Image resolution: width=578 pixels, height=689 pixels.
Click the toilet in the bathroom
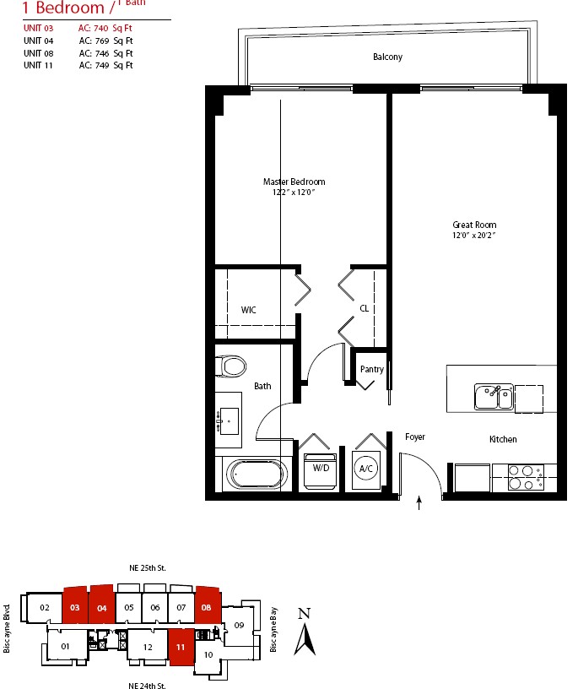click(x=230, y=366)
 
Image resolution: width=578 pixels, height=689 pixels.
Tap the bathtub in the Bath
click(x=257, y=475)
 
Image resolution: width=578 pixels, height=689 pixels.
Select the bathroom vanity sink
click(x=229, y=421)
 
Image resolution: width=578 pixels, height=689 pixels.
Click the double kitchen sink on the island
click(x=494, y=397)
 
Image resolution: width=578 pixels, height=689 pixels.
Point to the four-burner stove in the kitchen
click(x=527, y=477)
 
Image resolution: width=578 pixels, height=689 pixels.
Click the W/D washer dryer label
click(x=321, y=468)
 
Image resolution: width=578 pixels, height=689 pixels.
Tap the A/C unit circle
click(x=366, y=469)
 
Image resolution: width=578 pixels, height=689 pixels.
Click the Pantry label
click(x=372, y=369)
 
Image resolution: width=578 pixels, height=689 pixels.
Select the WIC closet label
click(x=249, y=310)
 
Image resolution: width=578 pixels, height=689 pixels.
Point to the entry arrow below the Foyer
click(x=419, y=503)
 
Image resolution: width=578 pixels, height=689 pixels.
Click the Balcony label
click(x=388, y=57)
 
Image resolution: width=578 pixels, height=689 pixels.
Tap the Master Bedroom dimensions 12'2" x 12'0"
click(x=294, y=192)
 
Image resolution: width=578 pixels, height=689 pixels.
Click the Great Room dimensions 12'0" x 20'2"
click(x=474, y=235)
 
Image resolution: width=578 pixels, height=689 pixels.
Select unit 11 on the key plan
click(x=181, y=647)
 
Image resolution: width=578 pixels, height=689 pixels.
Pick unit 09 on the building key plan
click(x=239, y=626)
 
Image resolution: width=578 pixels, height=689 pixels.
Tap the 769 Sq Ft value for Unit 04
click(x=114, y=41)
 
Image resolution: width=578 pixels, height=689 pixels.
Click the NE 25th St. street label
click(x=148, y=568)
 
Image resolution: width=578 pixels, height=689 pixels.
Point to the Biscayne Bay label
click(x=273, y=630)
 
